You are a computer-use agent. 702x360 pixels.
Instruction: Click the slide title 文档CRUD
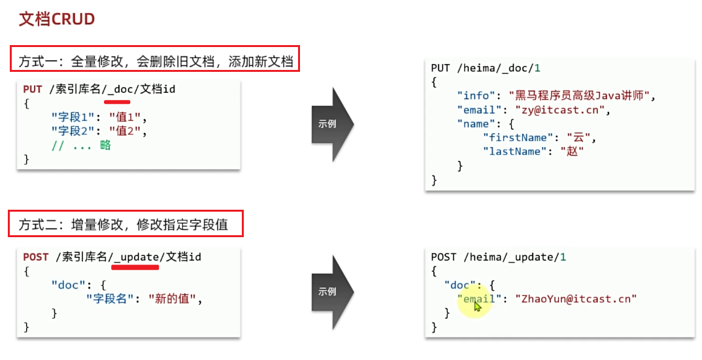click(57, 19)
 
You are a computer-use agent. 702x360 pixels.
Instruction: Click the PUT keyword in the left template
click(32, 90)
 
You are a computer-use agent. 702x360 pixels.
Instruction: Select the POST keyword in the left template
click(36, 257)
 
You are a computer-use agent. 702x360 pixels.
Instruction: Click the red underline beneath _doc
click(118, 102)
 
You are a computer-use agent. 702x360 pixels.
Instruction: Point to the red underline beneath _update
click(135, 268)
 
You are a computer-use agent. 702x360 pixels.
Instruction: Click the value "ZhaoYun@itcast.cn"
click(576, 299)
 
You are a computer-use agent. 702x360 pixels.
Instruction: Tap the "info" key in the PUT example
click(475, 96)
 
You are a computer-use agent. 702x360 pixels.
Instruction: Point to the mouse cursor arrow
click(477, 306)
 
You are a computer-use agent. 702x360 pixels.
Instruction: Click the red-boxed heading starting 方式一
click(155, 59)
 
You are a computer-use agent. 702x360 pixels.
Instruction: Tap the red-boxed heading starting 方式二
click(126, 224)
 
